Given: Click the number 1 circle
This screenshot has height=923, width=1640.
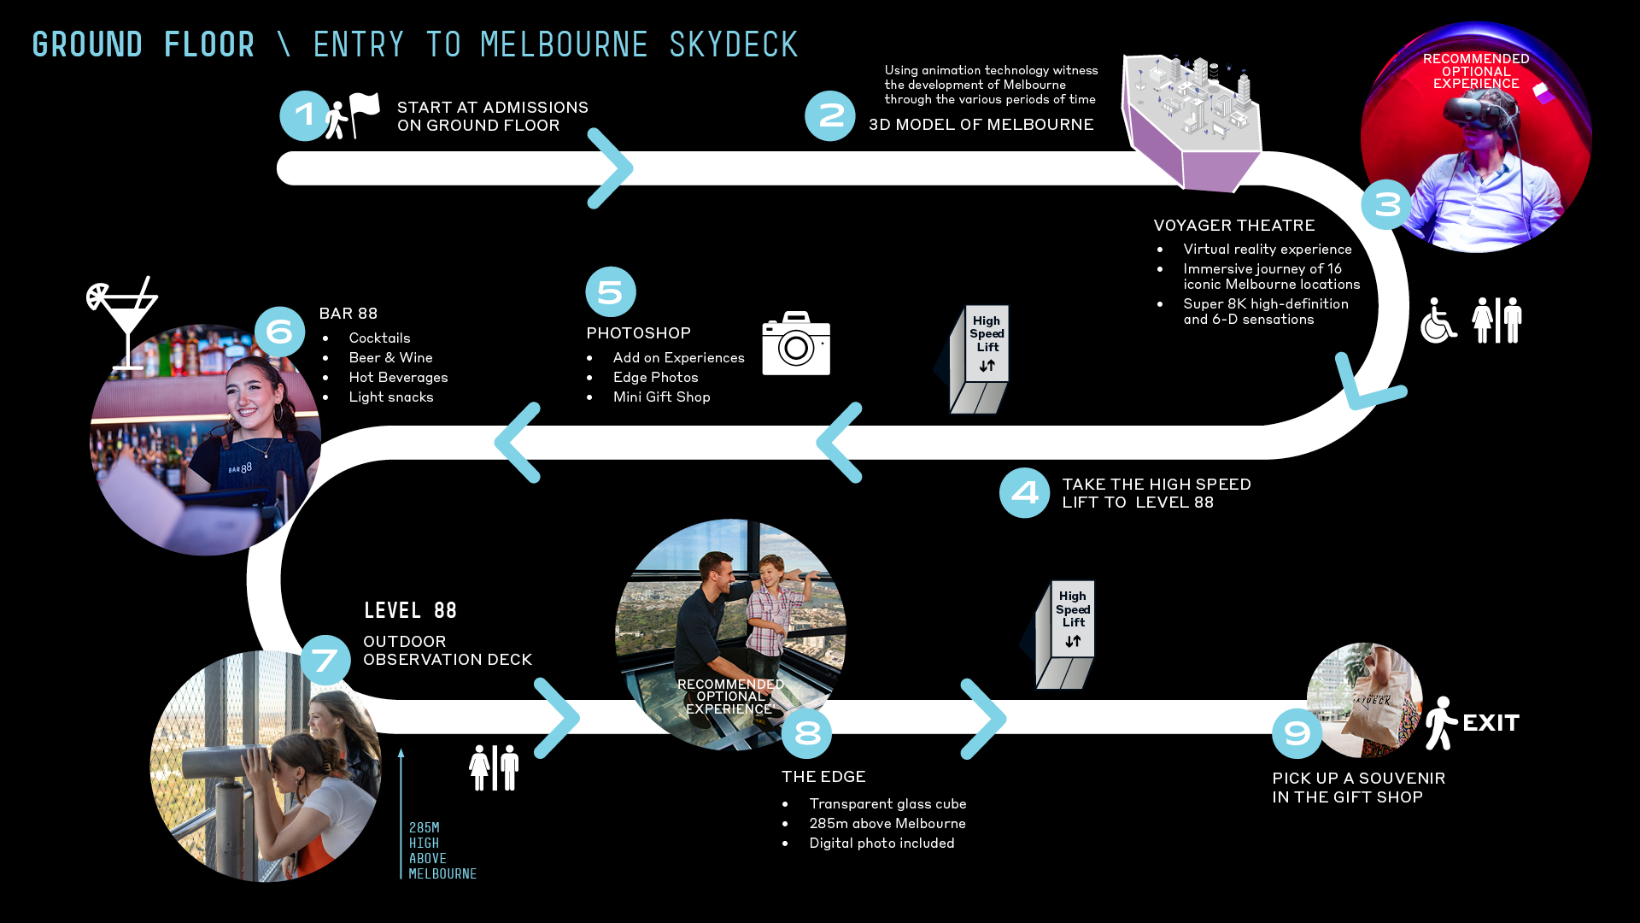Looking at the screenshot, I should point(304,115).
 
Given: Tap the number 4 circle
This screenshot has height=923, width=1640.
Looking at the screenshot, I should point(1024,493).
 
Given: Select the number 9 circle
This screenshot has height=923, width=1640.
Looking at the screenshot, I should point(1297,733).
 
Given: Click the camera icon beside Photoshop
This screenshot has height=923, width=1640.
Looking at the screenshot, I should point(796,344).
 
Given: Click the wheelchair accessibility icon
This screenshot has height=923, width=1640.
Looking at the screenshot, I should point(1438,321).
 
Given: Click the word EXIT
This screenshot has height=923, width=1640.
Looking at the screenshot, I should point(1491,723).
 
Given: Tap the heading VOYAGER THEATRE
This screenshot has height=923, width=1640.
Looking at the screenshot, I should point(1234,226).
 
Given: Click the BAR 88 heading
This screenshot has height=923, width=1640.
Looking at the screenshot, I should point(348,314).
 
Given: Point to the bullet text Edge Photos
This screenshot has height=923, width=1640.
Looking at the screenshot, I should point(655,377).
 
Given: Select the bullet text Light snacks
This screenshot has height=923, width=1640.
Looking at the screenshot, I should point(391,397).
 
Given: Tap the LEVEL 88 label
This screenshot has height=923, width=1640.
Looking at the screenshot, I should point(410,610).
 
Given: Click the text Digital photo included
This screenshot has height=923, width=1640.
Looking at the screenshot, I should point(881,843).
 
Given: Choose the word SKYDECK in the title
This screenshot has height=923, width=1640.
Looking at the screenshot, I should point(733,44).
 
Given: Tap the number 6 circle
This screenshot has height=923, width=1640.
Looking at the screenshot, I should point(280,332).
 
